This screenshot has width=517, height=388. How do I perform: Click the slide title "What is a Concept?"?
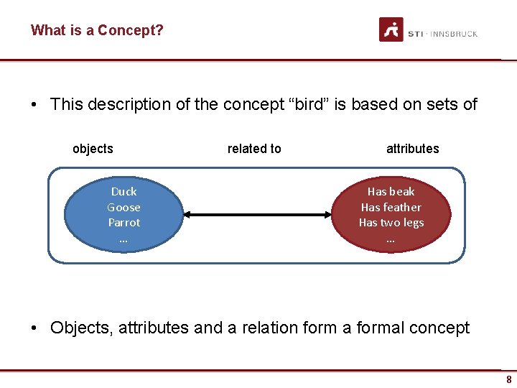[97, 30]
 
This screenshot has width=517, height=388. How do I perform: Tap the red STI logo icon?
[391, 30]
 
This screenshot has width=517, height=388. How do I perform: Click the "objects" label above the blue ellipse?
[93, 149]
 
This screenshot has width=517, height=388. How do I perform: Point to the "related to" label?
[254, 149]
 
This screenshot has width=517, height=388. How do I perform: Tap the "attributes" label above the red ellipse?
[412, 149]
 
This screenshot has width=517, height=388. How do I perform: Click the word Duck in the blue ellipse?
[124, 191]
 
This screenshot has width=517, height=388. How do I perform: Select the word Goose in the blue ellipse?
[124, 207]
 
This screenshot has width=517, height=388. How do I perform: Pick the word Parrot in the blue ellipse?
[124, 223]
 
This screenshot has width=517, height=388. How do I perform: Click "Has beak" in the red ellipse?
[391, 191]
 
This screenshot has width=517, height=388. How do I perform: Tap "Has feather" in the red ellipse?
[391, 207]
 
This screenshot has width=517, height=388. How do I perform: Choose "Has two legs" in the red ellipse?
[391, 223]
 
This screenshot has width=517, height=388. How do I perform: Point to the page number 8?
[508, 379]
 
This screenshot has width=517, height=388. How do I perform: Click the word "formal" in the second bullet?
[381, 328]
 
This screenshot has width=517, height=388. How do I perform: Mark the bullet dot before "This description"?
[34, 105]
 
